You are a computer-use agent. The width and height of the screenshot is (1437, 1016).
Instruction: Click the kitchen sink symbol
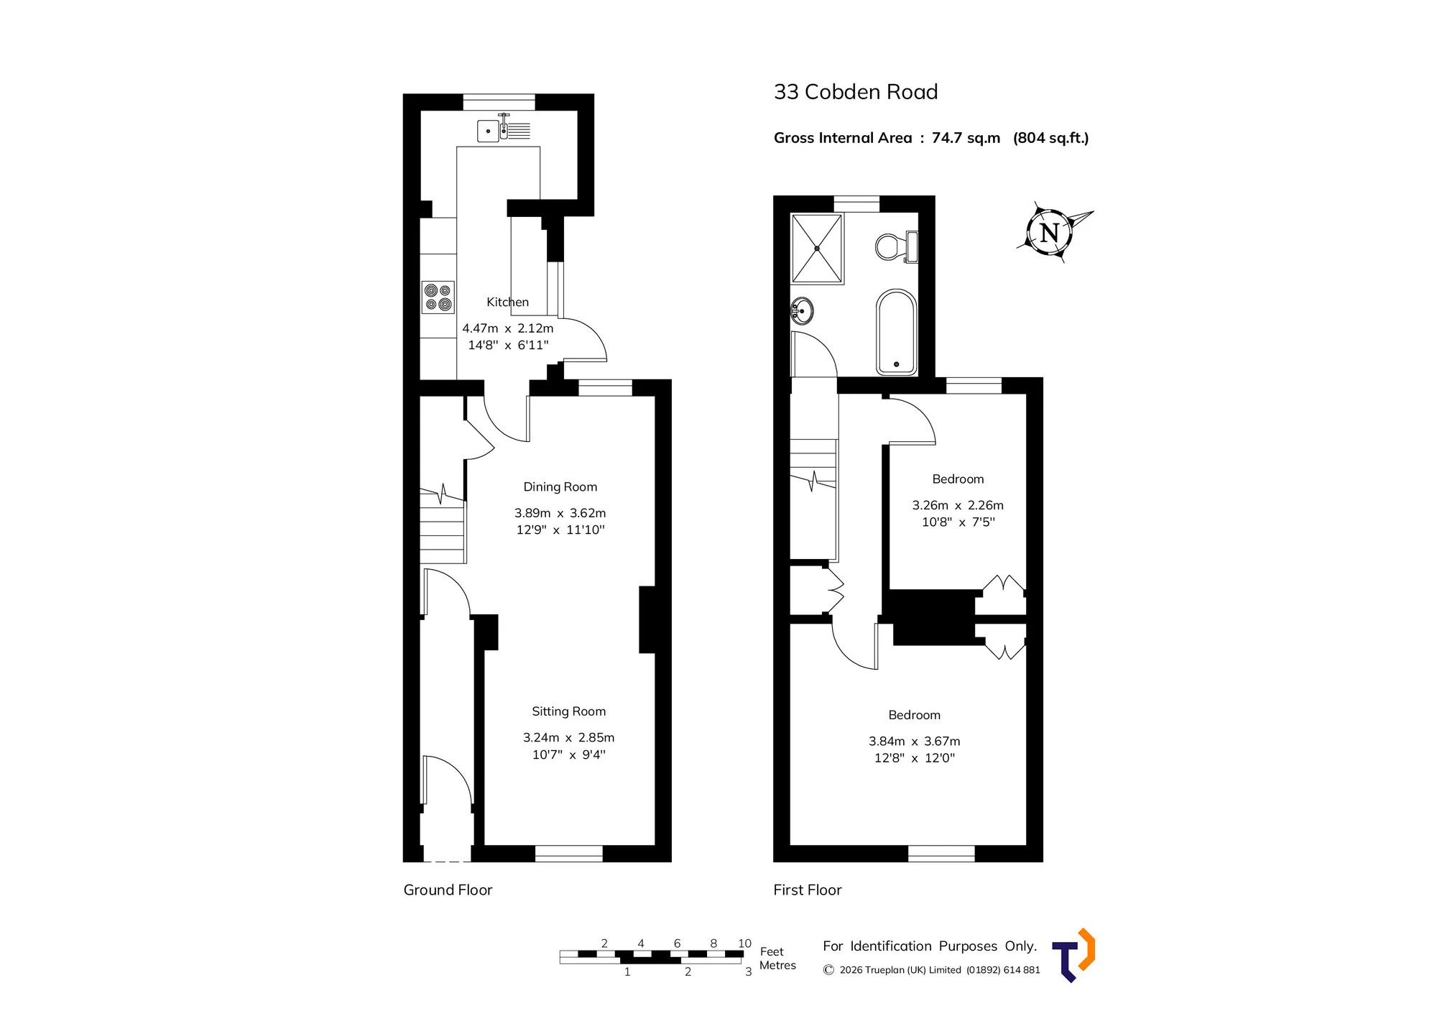504,129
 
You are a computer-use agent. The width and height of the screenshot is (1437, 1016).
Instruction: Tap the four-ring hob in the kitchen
438,297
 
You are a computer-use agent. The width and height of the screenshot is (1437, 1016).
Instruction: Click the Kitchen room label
507,303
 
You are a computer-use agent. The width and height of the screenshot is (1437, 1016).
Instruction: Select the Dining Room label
560,487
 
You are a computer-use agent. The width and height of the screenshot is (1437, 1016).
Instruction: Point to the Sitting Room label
569,711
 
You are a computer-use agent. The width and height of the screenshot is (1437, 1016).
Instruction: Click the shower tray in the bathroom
817,249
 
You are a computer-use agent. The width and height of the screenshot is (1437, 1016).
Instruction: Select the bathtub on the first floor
896,332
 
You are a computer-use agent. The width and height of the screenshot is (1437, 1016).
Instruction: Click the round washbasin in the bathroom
803,311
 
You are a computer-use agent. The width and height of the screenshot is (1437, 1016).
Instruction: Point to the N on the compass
1050,233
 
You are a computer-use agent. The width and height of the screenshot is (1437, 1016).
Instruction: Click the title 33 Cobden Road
856,92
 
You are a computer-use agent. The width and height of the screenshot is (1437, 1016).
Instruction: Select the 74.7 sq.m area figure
966,138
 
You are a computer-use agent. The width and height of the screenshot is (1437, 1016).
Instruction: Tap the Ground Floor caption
448,890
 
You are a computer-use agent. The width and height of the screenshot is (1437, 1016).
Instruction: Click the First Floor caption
808,890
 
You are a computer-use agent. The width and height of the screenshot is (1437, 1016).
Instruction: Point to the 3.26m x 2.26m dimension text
958,505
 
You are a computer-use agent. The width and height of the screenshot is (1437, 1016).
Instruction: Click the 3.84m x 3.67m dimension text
915,741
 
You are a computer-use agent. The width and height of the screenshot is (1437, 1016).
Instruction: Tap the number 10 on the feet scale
744,943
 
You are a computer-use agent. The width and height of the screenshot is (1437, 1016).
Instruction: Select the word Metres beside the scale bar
777,966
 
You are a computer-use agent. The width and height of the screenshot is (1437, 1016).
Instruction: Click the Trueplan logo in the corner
1073,955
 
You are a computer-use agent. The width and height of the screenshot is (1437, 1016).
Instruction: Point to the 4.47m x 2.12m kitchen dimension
508,328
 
